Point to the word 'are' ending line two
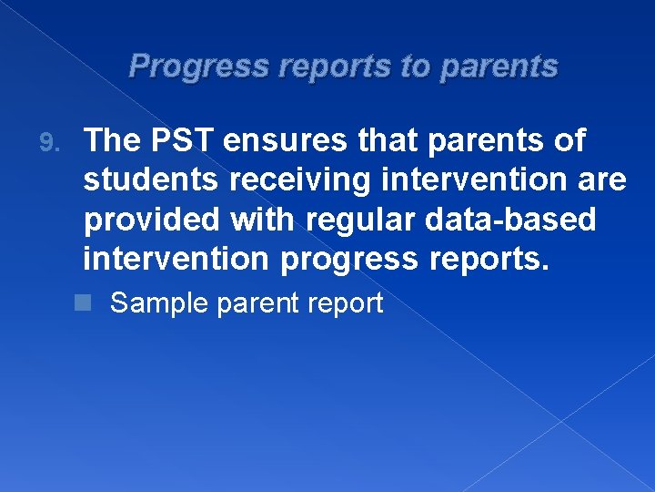pyautogui.click(x=601, y=180)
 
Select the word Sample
pyautogui.click(x=159, y=303)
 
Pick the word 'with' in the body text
pyautogui.click(x=256, y=220)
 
